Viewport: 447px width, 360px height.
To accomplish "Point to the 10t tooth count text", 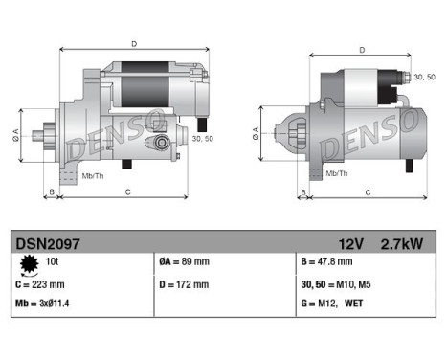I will tap(52, 261).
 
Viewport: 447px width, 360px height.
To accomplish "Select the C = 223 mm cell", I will tap(41, 283).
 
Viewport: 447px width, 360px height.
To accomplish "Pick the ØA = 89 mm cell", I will tap(183, 261).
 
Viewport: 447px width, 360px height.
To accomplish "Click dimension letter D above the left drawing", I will tap(133, 43).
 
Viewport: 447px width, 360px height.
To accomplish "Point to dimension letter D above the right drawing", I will tap(362, 50).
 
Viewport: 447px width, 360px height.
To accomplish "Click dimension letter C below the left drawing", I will tap(127, 191).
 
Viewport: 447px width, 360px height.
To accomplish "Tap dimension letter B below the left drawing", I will tap(51, 191).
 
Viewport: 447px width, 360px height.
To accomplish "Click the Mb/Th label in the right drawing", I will tap(336, 173).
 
